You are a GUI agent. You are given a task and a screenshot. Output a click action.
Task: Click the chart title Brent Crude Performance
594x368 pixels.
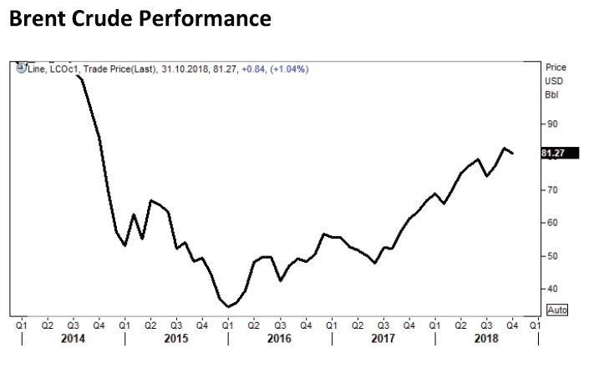point(140,19)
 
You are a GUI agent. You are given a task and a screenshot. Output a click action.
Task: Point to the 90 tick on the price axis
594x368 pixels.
point(551,124)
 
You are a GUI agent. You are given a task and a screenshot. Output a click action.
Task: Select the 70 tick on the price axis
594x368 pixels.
point(551,189)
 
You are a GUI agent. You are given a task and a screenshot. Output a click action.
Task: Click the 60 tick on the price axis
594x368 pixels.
point(551,223)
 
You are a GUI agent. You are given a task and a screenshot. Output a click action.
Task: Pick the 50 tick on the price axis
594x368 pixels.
point(551,255)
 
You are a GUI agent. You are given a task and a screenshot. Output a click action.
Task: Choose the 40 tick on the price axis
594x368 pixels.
point(551,289)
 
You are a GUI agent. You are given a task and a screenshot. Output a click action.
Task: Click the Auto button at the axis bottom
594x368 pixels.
point(556,309)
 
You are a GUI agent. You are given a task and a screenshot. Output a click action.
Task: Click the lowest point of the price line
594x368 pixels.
point(228,307)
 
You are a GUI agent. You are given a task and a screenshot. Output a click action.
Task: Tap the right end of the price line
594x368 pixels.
point(513,154)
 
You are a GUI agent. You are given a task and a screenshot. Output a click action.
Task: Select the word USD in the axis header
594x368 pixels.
point(553,81)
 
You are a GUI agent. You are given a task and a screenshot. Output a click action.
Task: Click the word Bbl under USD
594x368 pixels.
point(551,94)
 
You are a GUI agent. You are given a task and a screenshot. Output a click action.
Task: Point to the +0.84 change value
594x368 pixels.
point(253,69)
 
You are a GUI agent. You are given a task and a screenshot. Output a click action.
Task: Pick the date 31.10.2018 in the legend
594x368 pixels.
point(185,69)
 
